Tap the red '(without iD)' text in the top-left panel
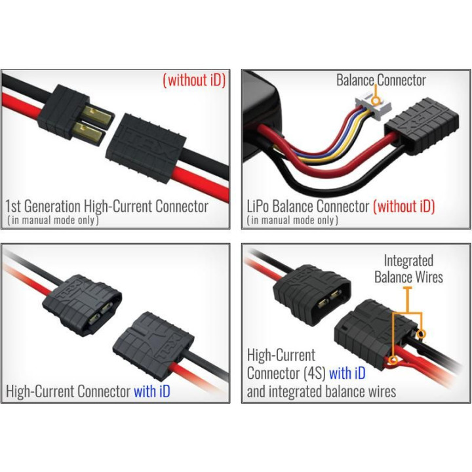[x=194, y=80]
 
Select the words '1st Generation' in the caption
[x=43, y=206]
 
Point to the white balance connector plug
[x=373, y=107]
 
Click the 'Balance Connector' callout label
[x=381, y=80]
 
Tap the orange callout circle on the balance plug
[x=376, y=100]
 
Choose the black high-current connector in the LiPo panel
[x=422, y=126]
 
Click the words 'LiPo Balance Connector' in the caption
[x=307, y=206]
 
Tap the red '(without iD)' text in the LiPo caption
[x=404, y=206]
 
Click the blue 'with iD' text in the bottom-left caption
[x=152, y=391]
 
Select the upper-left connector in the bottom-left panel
[x=82, y=305]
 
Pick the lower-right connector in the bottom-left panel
[x=153, y=346]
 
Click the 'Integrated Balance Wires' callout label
[x=408, y=269]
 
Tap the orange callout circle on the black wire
[x=422, y=334]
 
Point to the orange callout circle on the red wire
[x=393, y=360]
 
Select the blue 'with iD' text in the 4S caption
[x=347, y=373]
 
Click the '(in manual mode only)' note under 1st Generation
[x=53, y=220]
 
